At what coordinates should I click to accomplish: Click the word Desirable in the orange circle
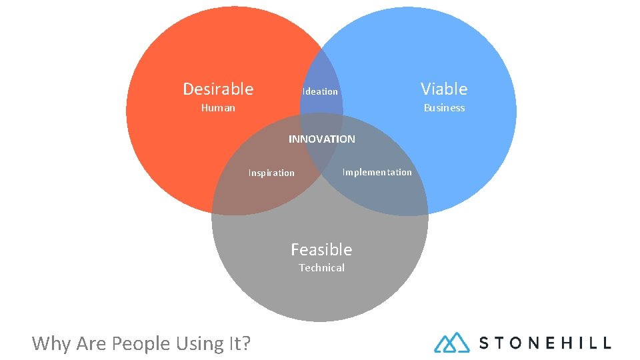[x=218, y=89]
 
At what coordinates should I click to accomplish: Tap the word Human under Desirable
[x=218, y=108]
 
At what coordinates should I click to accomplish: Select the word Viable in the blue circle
[x=444, y=89]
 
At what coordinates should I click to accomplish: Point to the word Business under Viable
[x=444, y=108]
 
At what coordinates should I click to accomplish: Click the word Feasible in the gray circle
[x=321, y=250]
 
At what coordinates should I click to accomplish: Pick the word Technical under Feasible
[x=321, y=268]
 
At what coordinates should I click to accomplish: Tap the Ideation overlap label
[x=320, y=92]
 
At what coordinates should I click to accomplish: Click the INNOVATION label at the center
[x=321, y=139]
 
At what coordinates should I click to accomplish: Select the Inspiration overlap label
[x=271, y=173]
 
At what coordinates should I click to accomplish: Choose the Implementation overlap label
[x=377, y=173]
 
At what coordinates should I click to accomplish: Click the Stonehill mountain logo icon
[x=452, y=343]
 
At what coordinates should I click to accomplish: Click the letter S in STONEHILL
[x=485, y=343]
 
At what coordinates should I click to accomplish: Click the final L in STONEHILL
[x=605, y=343]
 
